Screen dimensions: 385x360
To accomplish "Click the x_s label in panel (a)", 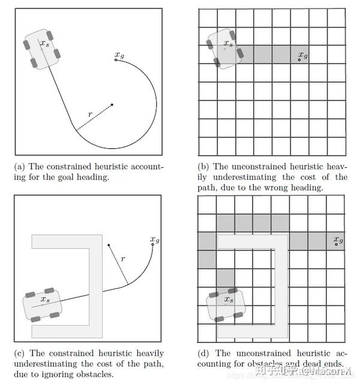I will click(x=45, y=43).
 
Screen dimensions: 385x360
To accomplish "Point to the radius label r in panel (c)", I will click(x=122, y=259).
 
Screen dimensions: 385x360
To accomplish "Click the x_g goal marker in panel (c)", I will click(x=153, y=243).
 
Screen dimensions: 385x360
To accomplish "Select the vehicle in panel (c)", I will click(x=41, y=305).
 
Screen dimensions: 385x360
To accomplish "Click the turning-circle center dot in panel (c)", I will click(x=109, y=245).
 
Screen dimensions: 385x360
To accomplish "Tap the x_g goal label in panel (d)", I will click(x=339, y=241).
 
